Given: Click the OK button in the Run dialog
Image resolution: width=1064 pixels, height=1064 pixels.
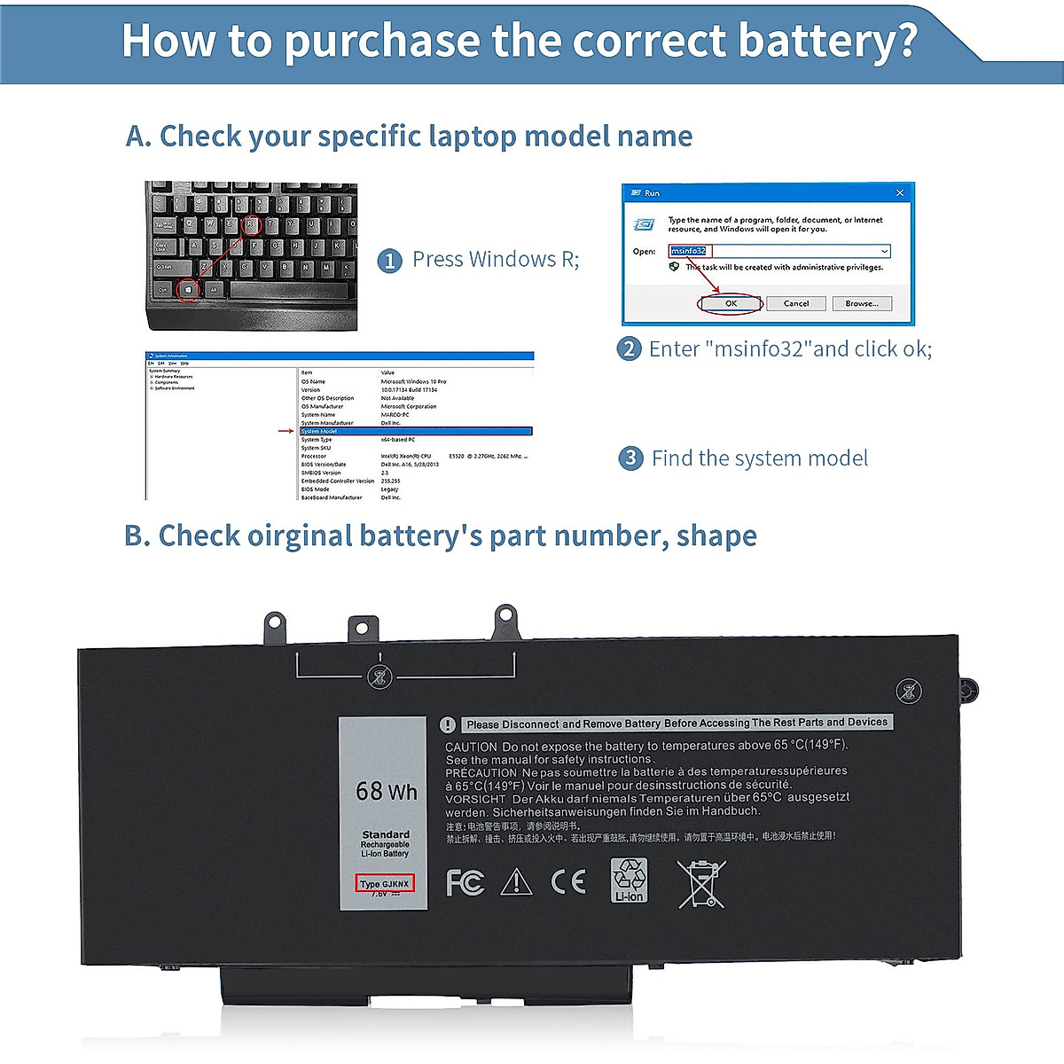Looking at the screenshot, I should [x=731, y=303].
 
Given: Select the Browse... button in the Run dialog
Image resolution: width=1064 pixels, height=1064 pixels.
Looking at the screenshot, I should [x=861, y=303].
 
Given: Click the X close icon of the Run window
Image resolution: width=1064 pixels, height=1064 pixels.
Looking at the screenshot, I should [x=900, y=192].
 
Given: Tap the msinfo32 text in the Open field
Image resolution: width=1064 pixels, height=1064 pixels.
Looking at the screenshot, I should [x=689, y=251].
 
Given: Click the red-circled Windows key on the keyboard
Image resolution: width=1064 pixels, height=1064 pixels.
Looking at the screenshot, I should [x=188, y=289].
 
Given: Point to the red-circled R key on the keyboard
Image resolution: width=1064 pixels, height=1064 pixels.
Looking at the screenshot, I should [x=251, y=224].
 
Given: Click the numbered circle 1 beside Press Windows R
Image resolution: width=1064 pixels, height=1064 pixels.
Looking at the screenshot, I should [x=390, y=261].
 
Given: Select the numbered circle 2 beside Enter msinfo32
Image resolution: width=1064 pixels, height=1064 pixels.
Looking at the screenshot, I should [x=629, y=348].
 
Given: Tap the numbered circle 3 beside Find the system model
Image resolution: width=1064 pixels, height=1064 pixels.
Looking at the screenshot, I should [x=630, y=458].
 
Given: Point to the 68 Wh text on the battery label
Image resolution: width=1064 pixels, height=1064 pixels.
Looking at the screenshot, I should [x=386, y=791].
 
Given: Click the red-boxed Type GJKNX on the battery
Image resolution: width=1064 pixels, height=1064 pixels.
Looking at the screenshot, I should [x=385, y=884].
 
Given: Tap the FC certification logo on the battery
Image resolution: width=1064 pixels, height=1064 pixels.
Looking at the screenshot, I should [x=465, y=882].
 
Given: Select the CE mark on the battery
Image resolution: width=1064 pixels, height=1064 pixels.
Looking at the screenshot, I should [x=567, y=881].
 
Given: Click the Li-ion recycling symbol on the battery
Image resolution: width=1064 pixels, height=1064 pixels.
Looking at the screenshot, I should [x=630, y=880].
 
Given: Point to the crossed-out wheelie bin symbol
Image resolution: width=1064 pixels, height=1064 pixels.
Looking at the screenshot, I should [x=700, y=883].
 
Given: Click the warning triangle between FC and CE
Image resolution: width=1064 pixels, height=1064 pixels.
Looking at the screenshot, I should [x=516, y=882].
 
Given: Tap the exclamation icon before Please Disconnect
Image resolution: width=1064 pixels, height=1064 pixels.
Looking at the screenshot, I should [x=448, y=724].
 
